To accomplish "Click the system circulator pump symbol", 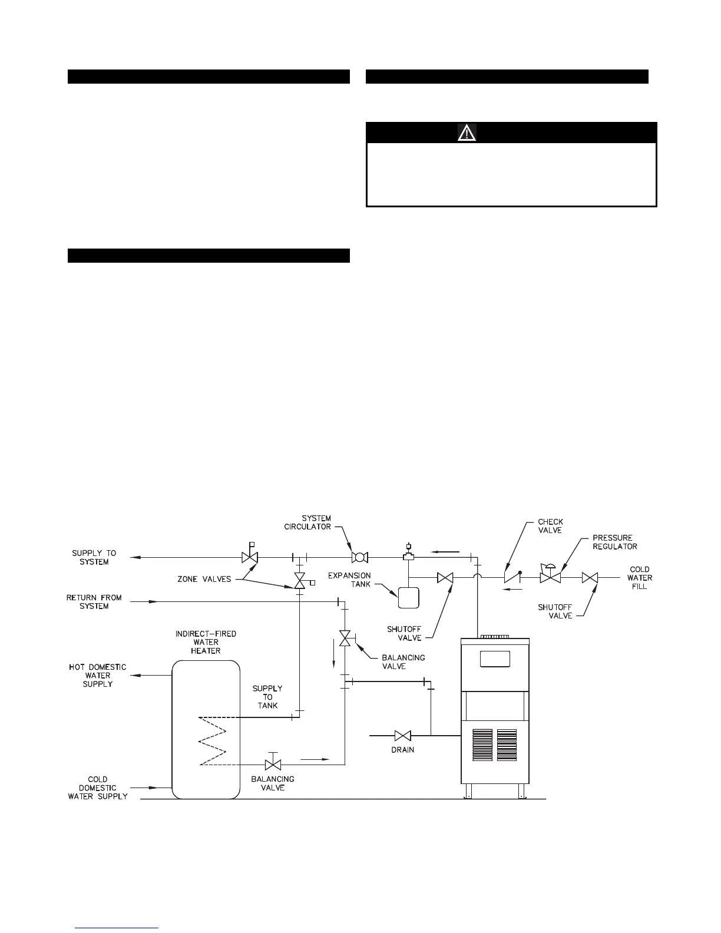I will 359,557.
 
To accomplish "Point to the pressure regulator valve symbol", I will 550,577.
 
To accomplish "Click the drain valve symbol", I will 403,736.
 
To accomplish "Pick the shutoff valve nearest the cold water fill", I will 590,578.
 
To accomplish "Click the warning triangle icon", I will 467,133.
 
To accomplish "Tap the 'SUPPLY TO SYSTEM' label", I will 94,557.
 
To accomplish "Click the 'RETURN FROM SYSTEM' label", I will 94,601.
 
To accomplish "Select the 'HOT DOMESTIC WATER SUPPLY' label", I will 98,676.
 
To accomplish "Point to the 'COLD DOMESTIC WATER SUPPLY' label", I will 98,788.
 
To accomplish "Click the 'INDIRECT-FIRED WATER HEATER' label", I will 206,642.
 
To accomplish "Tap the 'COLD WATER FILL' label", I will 640,578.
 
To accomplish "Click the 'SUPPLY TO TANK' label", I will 267,697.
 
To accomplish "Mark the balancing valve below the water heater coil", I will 273,765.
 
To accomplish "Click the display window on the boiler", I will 494,659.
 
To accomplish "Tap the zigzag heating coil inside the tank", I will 213,741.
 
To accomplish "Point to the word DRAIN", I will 403,750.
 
